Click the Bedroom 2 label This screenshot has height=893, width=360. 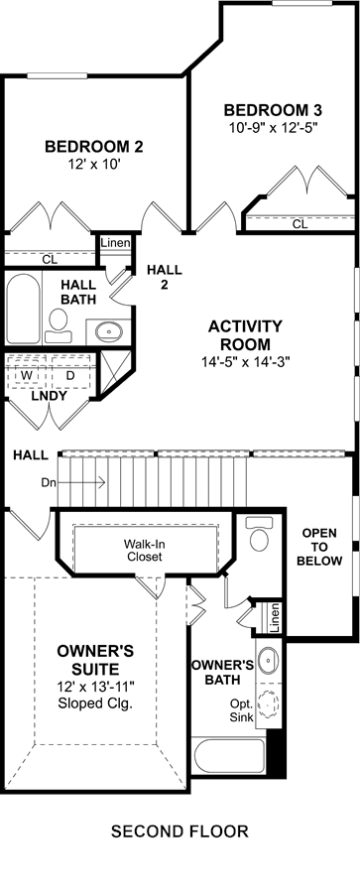coord(94,147)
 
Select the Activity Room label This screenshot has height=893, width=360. coord(245,335)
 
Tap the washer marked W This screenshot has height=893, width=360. coord(27,376)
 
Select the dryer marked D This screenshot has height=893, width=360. coord(70,376)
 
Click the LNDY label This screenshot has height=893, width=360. coord(51,395)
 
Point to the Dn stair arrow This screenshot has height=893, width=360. coord(80,482)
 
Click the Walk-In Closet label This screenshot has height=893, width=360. coord(145,550)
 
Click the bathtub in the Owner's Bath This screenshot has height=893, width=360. coord(229,755)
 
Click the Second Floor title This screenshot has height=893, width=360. coord(180,831)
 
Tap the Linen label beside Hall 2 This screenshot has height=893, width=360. coord(116,243)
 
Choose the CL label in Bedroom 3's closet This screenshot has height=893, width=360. coord(300,225)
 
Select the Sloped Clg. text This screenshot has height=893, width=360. coord(95,703)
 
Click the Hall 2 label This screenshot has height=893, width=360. coord(164,278)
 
